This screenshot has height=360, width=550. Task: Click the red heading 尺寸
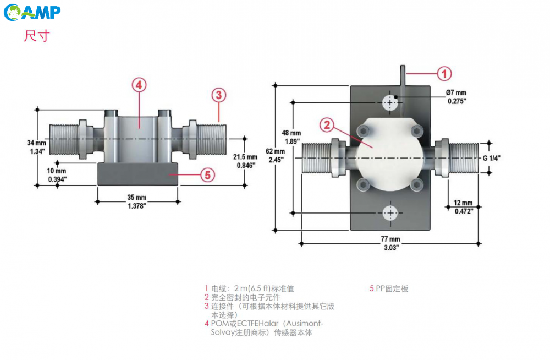click(37, 36)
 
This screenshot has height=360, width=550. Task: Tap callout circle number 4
click(139, 85)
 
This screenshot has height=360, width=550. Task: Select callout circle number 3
click(218, 95)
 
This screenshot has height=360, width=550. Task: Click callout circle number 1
click(444, 73)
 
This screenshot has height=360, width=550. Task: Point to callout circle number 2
click(327, 125)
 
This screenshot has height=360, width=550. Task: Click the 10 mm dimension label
click(57, 175)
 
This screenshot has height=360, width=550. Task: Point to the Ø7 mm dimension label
click(456, 97)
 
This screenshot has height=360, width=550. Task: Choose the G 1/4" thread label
click(490, 159)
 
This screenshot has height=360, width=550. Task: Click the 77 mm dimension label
click(391, 243)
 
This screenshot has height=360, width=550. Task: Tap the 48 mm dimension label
click(291, 137)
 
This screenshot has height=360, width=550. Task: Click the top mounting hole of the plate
click(391, 102)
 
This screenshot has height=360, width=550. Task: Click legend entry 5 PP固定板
click(389, 288)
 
